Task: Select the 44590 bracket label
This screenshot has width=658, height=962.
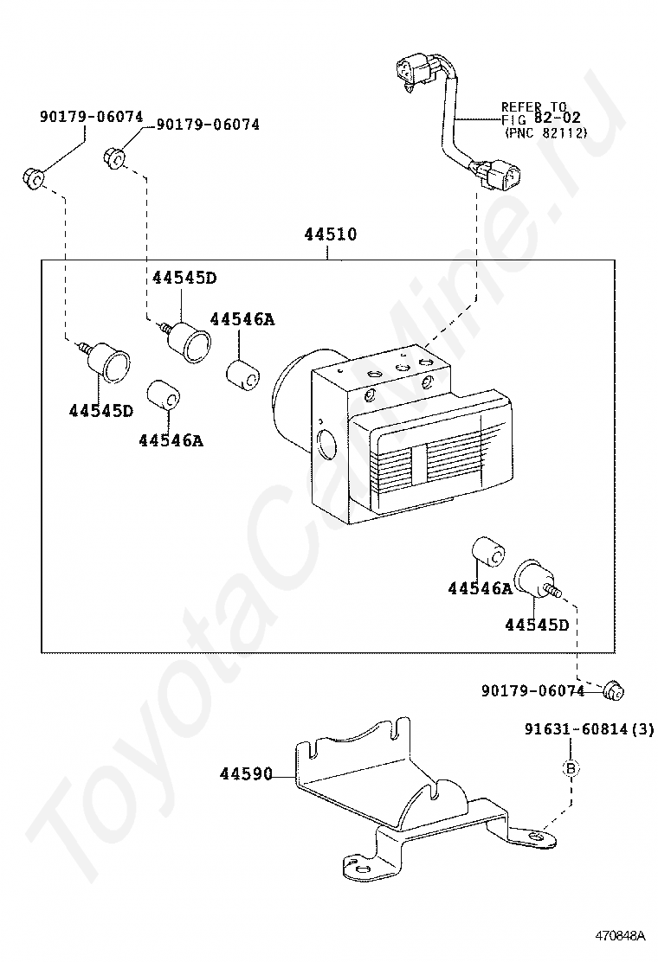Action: click(x=246, y=774)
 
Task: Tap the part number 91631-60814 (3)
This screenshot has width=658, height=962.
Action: click(x=589, y=729)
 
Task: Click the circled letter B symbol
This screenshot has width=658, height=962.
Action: click(x=571, y=767)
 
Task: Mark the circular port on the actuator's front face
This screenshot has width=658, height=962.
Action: click(x=326, y=443)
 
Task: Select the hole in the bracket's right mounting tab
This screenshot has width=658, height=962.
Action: click(x=537, y=836)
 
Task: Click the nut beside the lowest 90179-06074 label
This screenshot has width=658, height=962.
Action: click(x=613, y=690)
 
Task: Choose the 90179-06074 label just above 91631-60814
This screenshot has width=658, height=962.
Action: click(x=532, y=691)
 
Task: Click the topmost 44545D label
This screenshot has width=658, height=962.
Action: click(x=184, y=278)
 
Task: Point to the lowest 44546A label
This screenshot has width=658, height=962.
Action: click(x=480, y=588)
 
